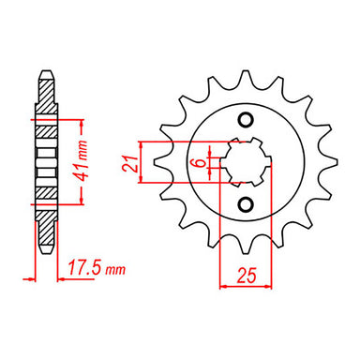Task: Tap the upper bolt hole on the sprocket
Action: [x=247, y=120]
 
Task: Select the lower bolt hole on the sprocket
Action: [x=247, y=205]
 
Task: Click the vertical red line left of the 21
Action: [x=142, y=162]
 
